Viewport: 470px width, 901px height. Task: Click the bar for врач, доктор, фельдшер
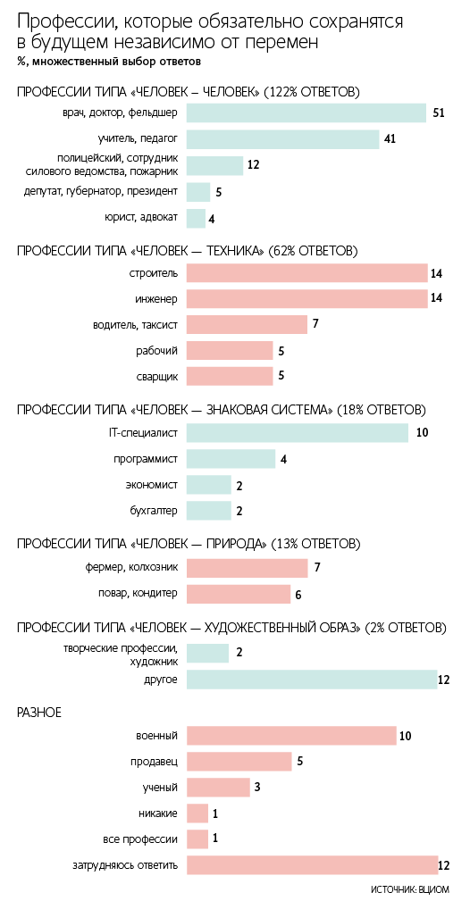[x=306, y=113]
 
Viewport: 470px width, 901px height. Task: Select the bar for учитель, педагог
[x=283, y=139]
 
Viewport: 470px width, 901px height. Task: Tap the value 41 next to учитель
[x=390, y=139]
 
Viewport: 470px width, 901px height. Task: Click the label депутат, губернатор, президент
[x=101, y=191]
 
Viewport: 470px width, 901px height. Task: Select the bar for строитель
[x=307, y=272]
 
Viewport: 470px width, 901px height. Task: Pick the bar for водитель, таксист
[x=247, y=324]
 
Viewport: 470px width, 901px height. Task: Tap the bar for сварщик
[x=230, y=376]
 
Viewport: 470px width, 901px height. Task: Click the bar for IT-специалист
[x=298, y=432]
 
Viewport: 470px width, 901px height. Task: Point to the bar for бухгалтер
[x=208, y=511]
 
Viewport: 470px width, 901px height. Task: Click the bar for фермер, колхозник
[x=247, y=567]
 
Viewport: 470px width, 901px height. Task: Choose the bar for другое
[x=312, y=680]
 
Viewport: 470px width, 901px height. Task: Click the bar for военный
[x=291, y=735]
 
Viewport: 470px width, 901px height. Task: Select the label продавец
[x=157, y=762]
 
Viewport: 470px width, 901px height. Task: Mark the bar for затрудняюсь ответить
[x=312, y=865]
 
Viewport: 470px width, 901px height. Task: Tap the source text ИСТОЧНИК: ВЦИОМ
[x=409, y=889]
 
